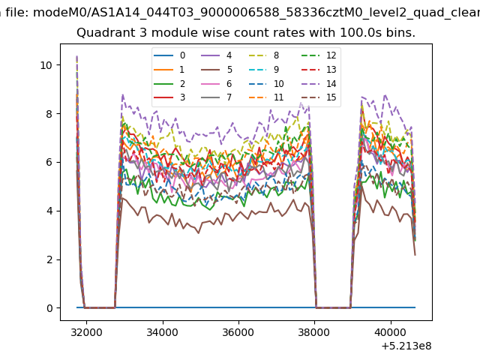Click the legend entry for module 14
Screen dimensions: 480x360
click(x=319, y=83)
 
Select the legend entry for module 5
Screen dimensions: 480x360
click(x=217, y=70)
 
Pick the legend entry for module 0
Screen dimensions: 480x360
click(x=169, y=55)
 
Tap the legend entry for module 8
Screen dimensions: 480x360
click(x=264, y=55)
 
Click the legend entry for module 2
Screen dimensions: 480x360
click(x=169, y=83)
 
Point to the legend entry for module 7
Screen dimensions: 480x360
click(x=217, y=97)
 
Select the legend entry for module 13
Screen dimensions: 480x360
click(x=319, y=70)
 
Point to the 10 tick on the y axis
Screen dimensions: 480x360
click(x=46, y=65)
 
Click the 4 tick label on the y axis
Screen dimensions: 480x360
click(x=49, y=211)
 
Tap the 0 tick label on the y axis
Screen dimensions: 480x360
click(x=49, y=308)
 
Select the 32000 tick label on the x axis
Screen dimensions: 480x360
click(x=87, y=332)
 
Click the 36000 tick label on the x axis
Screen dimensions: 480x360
click(x=238, y=332)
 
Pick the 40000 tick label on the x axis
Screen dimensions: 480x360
click(x=391, y=332)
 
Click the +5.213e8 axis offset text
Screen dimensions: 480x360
click(x=406, y=346)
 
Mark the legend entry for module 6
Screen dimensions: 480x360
click(x=217, y=83)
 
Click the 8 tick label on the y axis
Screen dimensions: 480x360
click(x=49, y=114)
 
